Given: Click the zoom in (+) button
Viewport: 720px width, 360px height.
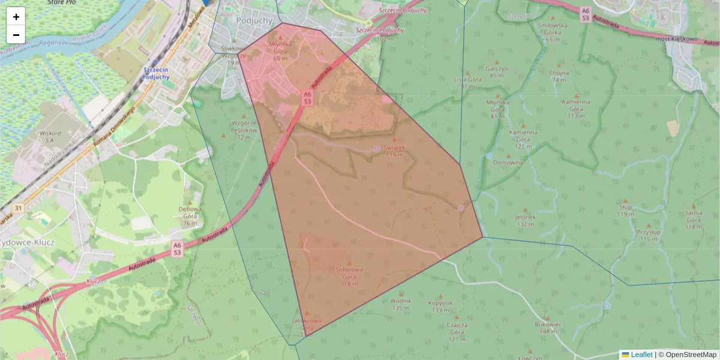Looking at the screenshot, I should [x=16, y=17].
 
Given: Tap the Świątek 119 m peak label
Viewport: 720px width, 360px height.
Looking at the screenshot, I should [x=394, y=151].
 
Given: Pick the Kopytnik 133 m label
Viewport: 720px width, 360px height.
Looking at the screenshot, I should [x=440, y=307].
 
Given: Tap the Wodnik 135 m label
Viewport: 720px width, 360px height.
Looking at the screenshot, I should [x=400, y=304].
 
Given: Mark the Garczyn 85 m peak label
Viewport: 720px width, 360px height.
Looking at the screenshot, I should [x=497, y=72].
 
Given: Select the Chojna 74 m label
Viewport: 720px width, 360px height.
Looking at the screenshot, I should [x=559, y=76].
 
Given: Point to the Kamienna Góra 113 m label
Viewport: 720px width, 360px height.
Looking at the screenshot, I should [x=576, y=109].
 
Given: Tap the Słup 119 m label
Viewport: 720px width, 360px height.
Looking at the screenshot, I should [x=625, y=210].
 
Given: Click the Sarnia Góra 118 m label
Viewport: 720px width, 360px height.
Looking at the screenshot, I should [x=694, y=220].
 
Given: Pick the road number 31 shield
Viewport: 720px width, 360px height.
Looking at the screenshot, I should [x=19, y=208].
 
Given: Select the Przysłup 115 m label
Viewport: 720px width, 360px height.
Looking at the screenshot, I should [x=649, y=235].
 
